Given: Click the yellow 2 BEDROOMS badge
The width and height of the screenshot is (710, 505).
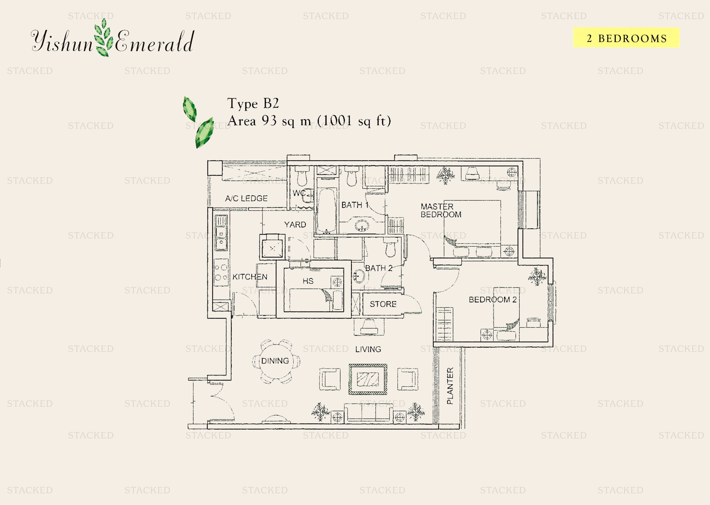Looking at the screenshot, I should point(626,38).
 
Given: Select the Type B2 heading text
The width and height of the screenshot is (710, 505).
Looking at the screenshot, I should point(253,104).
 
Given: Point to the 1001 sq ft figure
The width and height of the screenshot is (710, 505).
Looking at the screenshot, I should point(354,121).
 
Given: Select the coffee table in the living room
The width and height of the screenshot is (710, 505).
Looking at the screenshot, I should point(368,379).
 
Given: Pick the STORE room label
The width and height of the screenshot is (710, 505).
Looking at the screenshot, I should point(383,304).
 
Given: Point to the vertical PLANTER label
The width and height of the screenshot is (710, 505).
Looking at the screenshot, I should point(450,386).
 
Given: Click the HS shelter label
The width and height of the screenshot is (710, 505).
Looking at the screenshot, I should point(308,281).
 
